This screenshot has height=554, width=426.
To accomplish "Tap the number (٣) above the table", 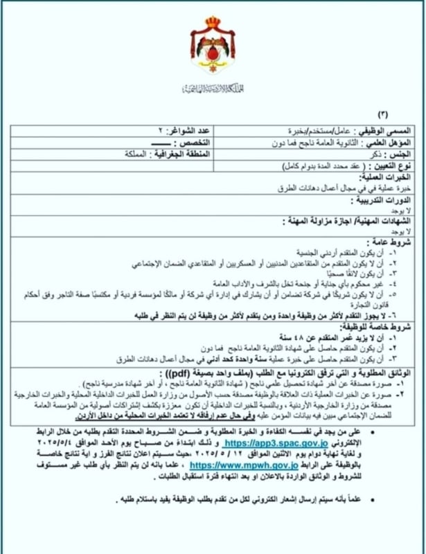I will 383,114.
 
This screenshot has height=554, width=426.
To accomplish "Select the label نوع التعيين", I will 391,166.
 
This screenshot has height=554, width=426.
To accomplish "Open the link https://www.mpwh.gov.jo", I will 234,467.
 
